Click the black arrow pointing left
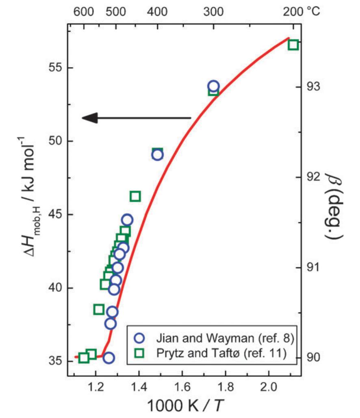[x=136, y=118]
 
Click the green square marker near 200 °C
[x=293, y=45]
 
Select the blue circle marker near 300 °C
[x=213, y=86]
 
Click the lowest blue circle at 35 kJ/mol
[x=108, y=358]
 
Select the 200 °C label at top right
[x=301, y=11]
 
